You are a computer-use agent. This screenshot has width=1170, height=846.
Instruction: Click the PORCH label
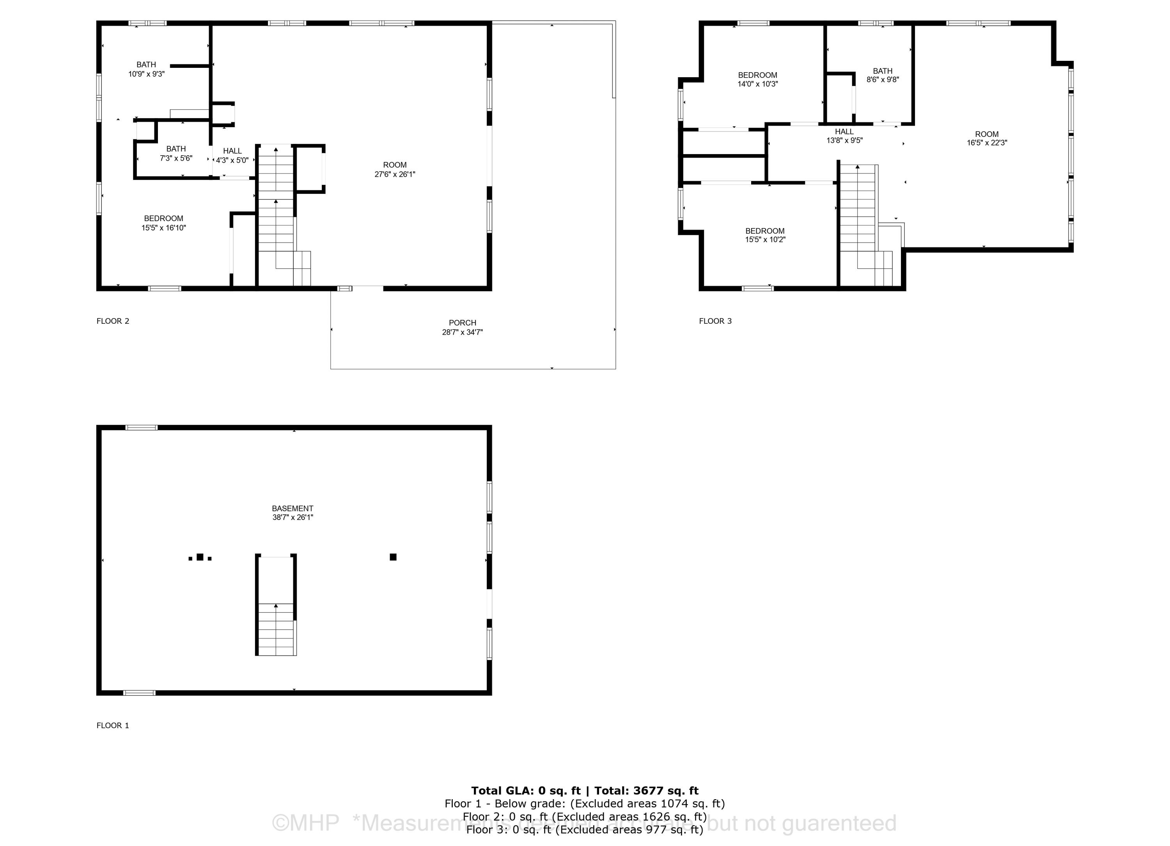[462, 323]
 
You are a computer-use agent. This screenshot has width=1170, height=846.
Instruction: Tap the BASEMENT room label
[292, 508]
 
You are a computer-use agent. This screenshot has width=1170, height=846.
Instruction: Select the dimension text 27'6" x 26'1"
[395, 174]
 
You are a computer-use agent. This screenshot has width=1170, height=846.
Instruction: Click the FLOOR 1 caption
[112, 725]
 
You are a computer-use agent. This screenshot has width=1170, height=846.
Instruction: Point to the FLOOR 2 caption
[112, 321]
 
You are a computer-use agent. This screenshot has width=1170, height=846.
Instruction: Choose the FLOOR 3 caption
[715, 321]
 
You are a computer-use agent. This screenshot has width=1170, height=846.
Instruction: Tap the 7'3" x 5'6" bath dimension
[176, 158]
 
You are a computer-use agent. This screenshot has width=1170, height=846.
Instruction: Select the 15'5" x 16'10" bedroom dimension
[163, 227]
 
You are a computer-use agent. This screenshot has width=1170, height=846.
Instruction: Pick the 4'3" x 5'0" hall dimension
[232, 160]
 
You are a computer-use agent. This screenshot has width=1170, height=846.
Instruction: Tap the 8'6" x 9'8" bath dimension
[883, 80]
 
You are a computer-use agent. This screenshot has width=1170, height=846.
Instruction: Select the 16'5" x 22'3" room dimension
[987, 143]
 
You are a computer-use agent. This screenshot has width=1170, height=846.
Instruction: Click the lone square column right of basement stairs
[393, 557]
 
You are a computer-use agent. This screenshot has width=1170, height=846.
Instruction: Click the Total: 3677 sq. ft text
[646, 790]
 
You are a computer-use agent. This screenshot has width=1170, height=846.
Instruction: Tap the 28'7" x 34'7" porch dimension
[462, 332]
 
